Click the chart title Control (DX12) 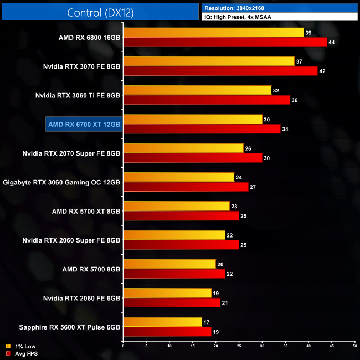point(100,13)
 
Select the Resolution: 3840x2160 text point(238,8)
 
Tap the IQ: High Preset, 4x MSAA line point(238,17)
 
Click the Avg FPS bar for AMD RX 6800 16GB point(225,42)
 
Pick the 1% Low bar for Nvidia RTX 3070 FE point(208,61)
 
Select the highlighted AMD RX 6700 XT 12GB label point(84,124)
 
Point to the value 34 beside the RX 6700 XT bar point(285,129)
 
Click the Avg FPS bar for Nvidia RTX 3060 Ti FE point(206,100)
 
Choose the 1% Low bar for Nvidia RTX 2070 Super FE point(183,148)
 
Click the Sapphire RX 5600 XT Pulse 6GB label point(61,327)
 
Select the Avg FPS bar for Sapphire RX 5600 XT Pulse point(167,331)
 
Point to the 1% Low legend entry point(22,346)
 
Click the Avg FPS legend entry point(23,353)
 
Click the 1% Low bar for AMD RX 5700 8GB point(169,264)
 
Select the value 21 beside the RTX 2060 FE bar point(225,303)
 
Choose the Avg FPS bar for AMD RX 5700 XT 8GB point(181,215)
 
